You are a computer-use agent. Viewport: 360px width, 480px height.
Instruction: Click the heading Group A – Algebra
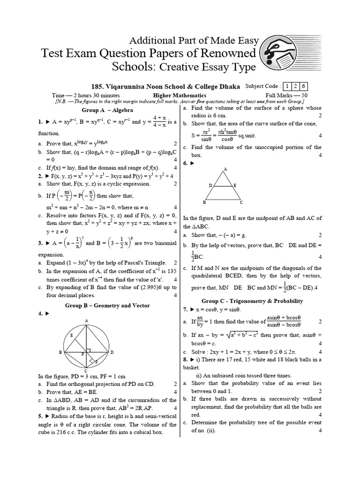[x=107, y=110]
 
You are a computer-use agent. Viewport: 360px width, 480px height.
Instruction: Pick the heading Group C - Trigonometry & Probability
[x=252, y=301]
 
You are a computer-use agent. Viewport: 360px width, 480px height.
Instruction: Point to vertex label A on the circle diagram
[x=87, y=320]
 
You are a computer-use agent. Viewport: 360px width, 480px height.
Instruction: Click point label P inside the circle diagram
[x=82, y=354]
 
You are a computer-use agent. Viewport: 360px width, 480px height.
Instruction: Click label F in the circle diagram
[x=96, y=362]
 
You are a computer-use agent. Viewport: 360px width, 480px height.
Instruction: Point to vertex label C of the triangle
[x=241, y=202]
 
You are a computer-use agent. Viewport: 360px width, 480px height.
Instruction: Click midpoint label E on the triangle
[x=235, y=186]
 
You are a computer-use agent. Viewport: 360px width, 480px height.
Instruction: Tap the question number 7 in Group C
[x=185, y=310]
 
